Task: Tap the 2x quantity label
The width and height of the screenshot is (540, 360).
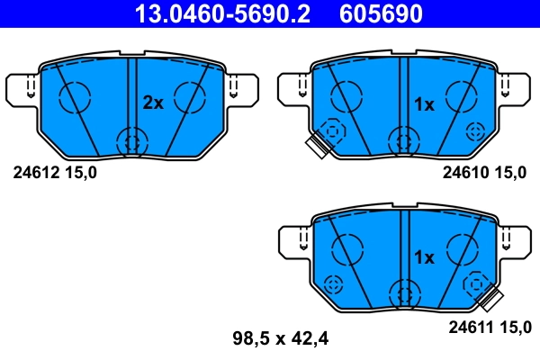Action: click(x=153, y=103)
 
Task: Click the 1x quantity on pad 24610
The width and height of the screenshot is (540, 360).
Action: click(x=423, y=104)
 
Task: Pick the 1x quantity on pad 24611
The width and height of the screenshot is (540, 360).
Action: click(x=423, y=257)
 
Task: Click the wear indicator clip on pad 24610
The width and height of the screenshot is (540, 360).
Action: click(x=317, y=147)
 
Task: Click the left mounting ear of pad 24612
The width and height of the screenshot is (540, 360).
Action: click(x=23, y=88)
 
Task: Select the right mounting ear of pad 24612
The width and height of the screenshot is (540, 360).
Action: click(x=241, y=88)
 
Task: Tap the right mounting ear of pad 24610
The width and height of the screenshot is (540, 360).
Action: click(x=513, y=88)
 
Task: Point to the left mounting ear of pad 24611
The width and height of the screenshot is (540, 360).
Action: click(x=293, y=241)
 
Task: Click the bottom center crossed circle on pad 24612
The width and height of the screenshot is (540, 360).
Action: click(x=132, y=140)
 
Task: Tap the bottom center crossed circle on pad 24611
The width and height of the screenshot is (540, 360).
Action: click(x=403, y=293)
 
